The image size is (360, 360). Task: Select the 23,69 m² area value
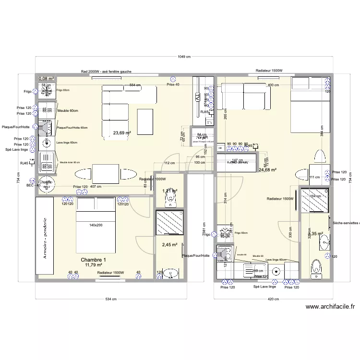coord(121,133)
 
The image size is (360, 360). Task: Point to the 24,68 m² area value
coord(267,169)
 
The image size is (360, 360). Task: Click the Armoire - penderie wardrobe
coord(45,237)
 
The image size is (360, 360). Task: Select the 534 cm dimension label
coord(111,299)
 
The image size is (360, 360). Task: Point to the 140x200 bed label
coord(96,225)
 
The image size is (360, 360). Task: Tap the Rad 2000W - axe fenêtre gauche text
coord(106,72)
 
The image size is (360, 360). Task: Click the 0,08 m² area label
coord(46,78)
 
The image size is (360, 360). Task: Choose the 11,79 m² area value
coord(94,264)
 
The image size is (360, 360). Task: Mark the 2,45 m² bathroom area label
coord(169,245)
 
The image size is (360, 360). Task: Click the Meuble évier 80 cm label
coord(70,163)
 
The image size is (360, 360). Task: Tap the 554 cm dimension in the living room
coord(135,85)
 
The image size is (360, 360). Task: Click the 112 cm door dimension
coord(169,163)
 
